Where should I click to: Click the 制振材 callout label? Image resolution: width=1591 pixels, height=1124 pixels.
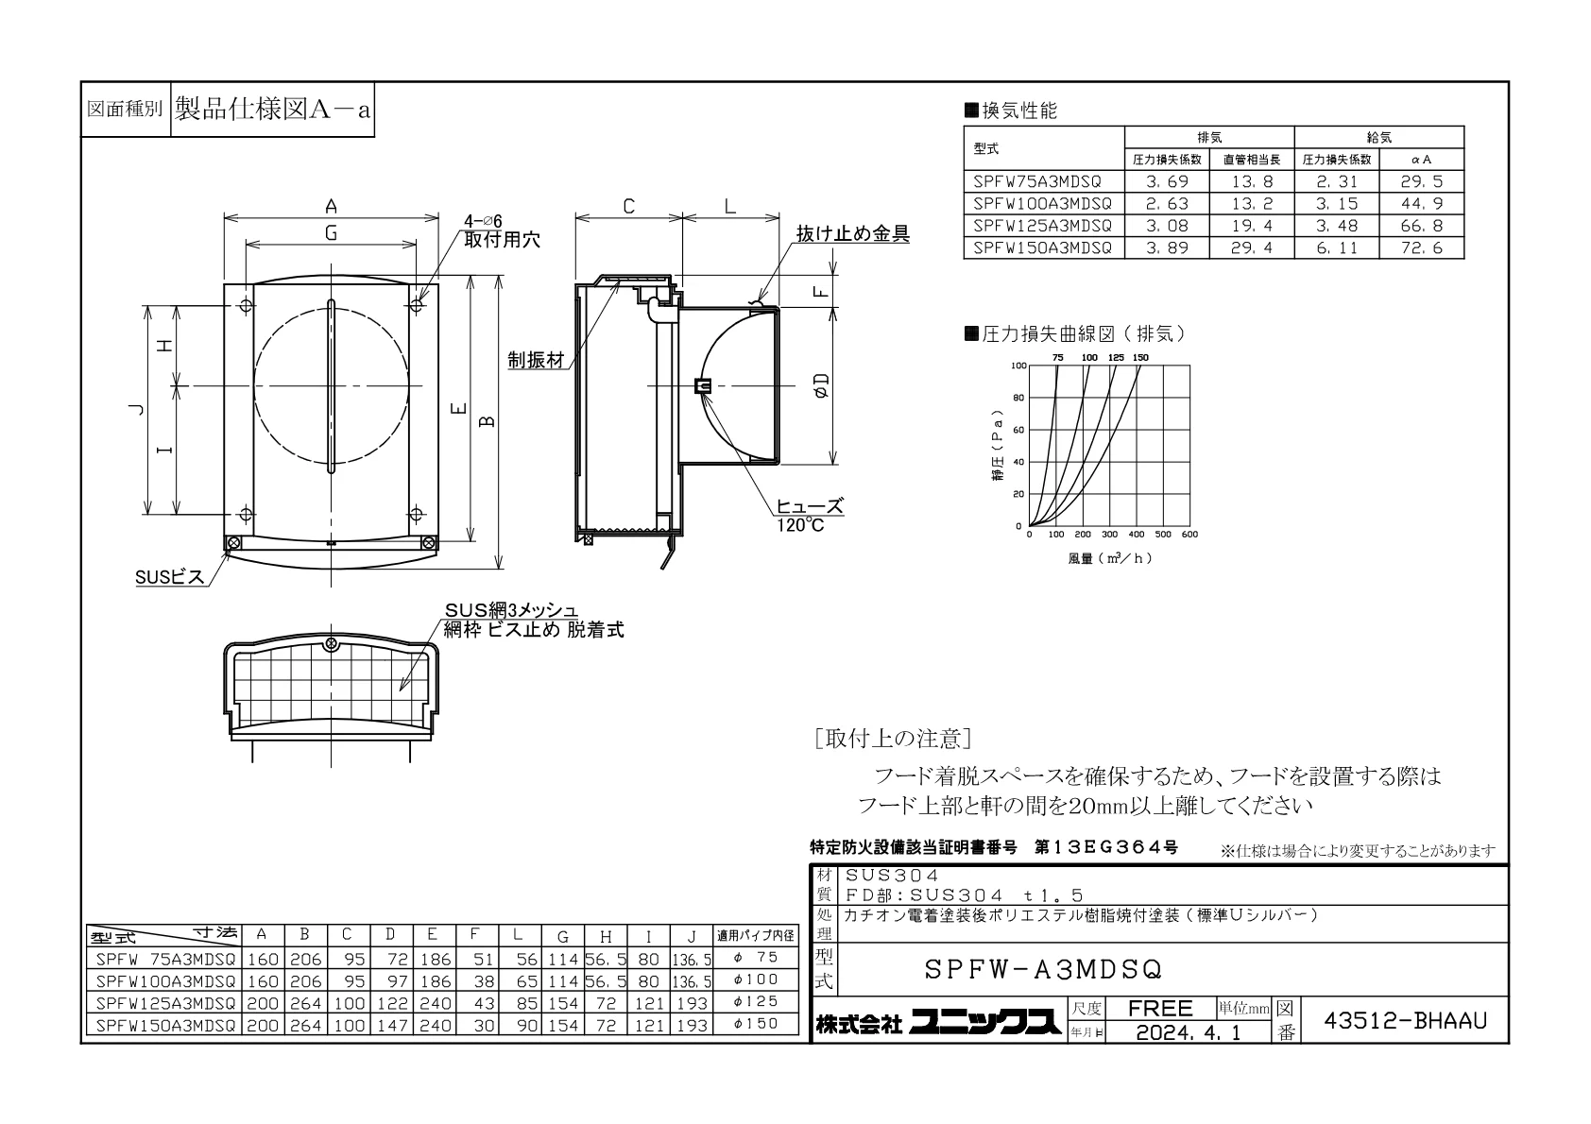[537, 360]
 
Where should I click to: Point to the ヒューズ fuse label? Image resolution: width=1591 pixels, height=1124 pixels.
[810, 506]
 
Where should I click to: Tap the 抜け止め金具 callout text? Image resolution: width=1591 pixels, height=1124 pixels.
[852, 233]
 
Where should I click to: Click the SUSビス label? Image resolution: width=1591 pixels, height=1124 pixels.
[170, 577]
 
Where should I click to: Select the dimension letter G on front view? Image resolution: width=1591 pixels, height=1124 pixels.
[331, 233]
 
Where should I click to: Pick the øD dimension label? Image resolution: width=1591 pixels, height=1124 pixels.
[821, 385]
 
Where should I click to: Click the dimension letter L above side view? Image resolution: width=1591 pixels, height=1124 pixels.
[730, 207]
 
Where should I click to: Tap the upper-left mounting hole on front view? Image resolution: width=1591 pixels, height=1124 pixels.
[246, 306]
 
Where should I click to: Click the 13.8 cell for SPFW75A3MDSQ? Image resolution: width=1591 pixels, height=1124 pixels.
[1252, 181]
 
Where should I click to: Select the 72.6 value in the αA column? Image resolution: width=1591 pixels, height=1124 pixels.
[1421, 247]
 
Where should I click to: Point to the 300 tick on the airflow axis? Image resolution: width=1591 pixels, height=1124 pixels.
[1109, 534]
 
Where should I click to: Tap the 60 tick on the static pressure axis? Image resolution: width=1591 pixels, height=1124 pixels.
[1018, 430]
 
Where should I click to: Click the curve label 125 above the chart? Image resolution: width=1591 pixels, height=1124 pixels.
[1116, 357]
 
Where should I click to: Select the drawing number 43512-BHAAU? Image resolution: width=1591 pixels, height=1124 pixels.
[1405, 1021]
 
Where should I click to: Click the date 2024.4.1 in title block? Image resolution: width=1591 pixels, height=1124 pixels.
[1189, 1032]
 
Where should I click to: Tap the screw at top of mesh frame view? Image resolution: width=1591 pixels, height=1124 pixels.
[331, 644]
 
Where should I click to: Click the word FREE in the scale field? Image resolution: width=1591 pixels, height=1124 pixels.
[1160, 1008]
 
